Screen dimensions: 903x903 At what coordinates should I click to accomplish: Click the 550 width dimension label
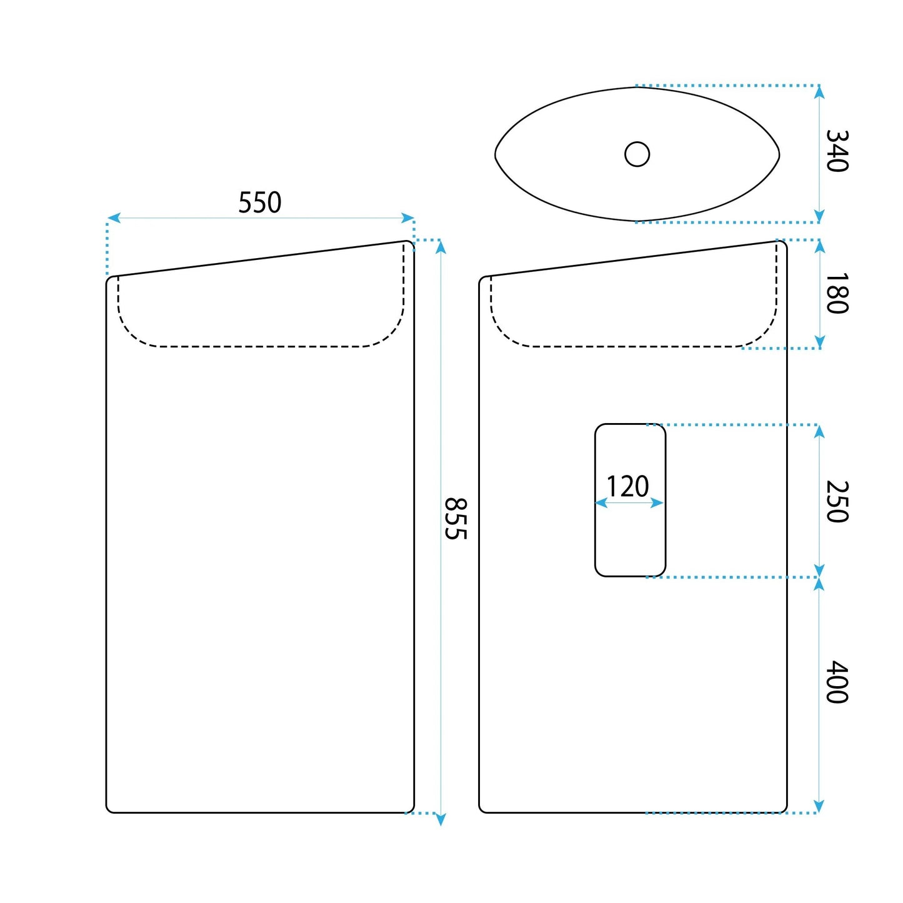tap(259, 202)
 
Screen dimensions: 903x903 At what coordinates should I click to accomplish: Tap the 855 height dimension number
tap(455, 519)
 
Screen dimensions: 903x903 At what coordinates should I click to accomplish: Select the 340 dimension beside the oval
tap(837, 151)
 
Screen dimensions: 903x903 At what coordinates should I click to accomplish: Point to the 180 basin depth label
tap(837, 293)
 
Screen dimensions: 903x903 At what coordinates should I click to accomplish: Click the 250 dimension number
tap(837, 501)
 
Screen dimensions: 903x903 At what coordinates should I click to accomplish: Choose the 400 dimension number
tap(837, 682)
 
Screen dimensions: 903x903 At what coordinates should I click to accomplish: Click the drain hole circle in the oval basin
tap(637, 154)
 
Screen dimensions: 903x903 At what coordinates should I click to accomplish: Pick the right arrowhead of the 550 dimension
tap(407, 218)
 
